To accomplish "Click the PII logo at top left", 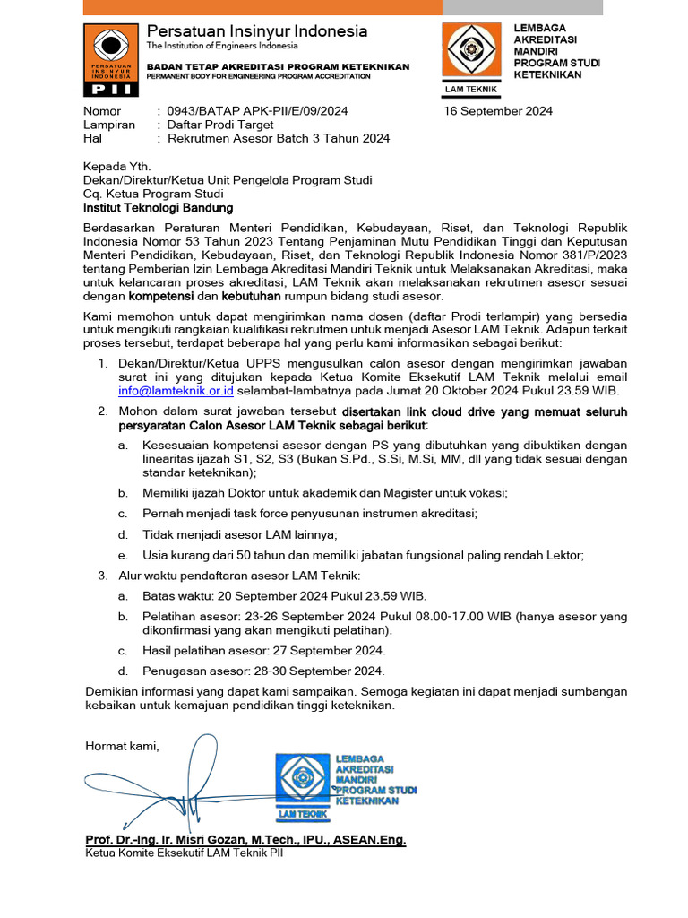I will (110, 60).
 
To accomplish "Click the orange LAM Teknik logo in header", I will (474, 56).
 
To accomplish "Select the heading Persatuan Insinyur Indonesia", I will (256, 31).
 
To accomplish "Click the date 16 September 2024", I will (498, 111).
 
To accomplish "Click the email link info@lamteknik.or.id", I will (176, 391).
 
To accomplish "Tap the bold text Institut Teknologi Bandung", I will (158, 208).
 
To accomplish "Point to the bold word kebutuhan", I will (252, 296).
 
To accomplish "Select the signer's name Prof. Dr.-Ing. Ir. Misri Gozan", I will (245, 839).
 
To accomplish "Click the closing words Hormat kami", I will (122, 746).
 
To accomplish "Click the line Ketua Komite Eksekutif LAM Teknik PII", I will (185, 853).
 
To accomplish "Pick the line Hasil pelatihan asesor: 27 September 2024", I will (263, 650).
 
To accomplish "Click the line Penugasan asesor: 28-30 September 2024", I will (263, 671).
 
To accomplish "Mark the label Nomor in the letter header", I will (101, 111).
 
